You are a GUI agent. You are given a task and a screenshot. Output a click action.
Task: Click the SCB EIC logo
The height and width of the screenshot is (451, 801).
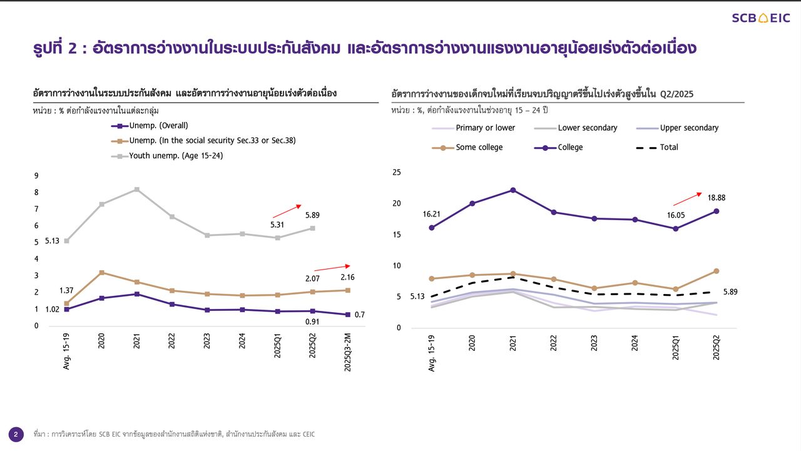(x=761, y=18)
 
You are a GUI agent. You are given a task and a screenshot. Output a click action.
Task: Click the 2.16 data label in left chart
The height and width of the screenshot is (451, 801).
(x=347, y=277)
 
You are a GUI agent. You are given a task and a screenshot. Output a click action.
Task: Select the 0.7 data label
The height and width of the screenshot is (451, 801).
(x=359, y=315)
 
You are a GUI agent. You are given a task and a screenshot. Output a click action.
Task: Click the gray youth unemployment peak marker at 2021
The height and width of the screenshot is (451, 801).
(x=137, y=190)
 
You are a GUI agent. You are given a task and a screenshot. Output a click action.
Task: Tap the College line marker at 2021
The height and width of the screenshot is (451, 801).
(x=513, y=190)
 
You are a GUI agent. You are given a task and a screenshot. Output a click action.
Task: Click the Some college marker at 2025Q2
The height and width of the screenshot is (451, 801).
(x=716, y=271)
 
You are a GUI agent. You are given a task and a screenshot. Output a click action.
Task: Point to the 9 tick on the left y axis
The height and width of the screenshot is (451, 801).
(x=36, y=176)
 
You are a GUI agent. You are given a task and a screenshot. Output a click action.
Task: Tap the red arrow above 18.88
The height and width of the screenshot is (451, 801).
(x=687, y=199)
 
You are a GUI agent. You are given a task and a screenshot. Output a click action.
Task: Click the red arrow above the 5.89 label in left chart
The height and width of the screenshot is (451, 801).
(x=287, y=211)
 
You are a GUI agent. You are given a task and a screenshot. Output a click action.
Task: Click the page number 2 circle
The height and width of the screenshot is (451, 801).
(x=16, y=434)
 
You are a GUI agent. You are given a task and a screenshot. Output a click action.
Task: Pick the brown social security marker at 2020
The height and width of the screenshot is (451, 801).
(x=101, y=273)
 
